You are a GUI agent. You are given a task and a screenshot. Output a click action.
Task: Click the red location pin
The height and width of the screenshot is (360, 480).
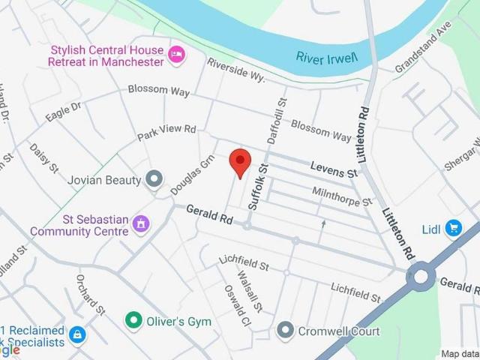[239, 161]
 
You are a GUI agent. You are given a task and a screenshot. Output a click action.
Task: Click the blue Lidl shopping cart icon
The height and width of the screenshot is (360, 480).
[453, 227]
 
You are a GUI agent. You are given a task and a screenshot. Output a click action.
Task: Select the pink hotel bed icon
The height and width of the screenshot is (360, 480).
[177, 55]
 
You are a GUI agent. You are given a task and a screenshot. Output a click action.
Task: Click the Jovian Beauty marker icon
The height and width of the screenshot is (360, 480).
[154, 179]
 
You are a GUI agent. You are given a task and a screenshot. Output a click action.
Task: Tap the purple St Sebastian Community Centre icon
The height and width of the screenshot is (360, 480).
[140, 223]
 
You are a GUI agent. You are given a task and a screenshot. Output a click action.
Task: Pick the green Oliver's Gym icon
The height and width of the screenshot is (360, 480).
[133, 320]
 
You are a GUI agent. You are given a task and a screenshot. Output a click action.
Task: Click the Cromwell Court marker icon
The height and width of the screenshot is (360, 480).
[284, 329]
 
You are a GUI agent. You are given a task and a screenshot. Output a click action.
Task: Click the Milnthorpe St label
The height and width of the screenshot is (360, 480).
[342, 196]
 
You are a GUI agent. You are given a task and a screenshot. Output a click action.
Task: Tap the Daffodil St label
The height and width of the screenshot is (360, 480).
[276, 121]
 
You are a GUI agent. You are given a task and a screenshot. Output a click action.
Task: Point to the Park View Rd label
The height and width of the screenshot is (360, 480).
[166, 133]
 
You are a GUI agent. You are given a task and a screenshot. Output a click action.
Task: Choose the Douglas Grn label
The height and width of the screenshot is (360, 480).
[193, 175]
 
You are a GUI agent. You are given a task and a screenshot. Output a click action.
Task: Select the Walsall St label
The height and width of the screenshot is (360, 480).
[250, 293]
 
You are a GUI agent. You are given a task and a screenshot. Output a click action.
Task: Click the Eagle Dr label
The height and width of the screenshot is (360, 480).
[62, 112]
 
